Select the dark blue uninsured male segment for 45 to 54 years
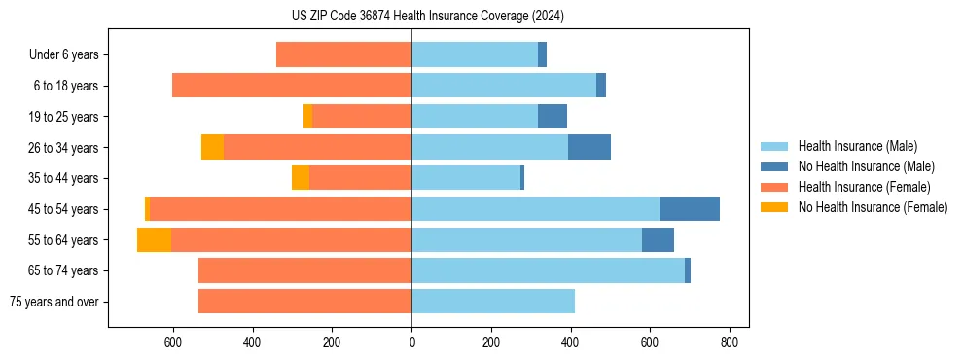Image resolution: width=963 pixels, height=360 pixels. click(689, 208)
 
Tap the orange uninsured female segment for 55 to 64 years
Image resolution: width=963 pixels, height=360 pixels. click(154, 239)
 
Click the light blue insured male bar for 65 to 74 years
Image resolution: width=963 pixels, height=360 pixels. click(548, 270)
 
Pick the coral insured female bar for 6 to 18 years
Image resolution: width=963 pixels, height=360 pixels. click(292, 86)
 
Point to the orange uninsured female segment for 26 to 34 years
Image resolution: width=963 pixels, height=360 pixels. click(212, 147)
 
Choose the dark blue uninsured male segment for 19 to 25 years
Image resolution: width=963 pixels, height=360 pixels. click(552, 117)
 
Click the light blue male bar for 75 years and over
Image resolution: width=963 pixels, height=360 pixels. click(492, 302)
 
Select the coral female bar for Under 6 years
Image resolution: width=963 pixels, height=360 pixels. click(343, 54)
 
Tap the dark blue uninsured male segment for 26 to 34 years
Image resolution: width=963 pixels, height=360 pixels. click(588, 147)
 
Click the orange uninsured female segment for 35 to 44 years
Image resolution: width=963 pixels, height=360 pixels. click(300, 178)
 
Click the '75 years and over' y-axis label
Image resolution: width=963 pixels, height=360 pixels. click(54, 302)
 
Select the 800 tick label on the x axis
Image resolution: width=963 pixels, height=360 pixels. click(729, 342)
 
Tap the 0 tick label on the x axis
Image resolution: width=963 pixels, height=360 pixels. click(411, 342)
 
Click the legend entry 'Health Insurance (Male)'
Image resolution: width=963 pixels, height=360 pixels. click(857, 146)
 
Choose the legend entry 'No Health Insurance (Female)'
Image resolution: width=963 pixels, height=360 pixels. click(873, 207)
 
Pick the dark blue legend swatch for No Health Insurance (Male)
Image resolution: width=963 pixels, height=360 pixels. click(774, 166)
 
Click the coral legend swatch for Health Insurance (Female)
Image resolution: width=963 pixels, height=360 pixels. click(774, 187)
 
